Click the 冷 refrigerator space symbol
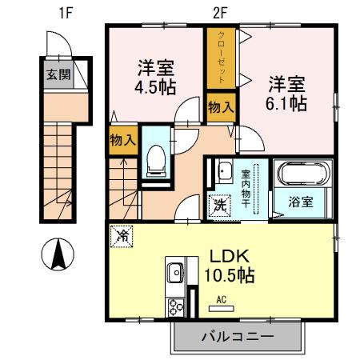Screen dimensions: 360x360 point(122,237)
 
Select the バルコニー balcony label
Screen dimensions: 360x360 point(239,336)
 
